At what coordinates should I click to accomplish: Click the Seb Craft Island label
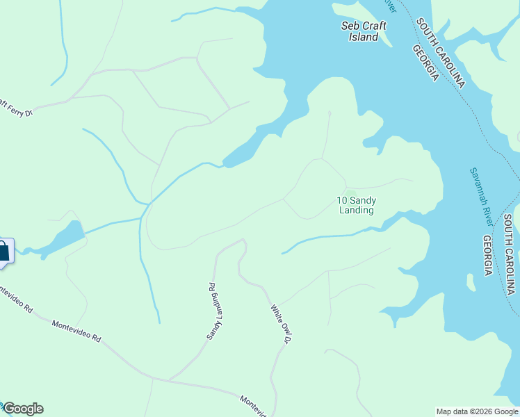(364, 31)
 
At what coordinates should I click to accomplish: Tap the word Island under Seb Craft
(364, 37)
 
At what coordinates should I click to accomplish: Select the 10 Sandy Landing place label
(356, 205)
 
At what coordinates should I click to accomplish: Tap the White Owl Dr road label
(280, 326)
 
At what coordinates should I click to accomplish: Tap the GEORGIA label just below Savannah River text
(489, 255)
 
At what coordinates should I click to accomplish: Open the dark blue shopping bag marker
(3, 252)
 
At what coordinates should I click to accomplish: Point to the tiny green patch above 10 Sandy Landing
(350, 193)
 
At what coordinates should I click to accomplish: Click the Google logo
(22, 409)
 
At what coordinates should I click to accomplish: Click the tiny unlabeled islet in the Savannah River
(472, 283)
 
